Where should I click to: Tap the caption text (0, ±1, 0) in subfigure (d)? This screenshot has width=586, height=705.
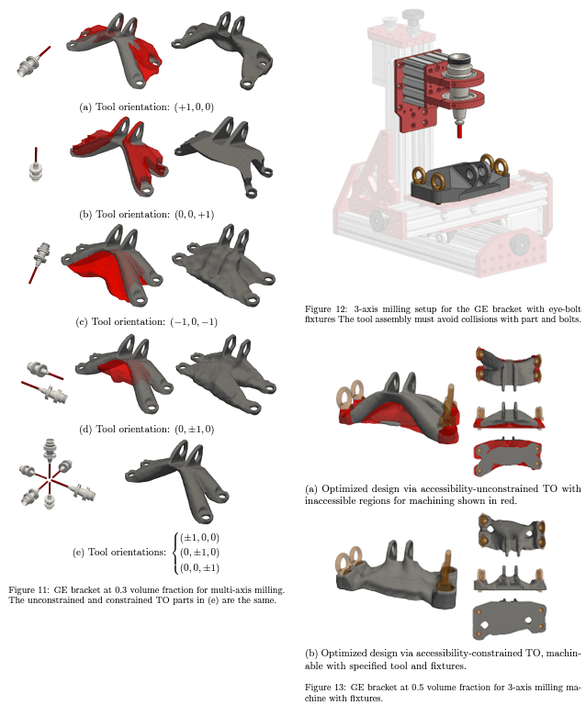(x=194, y=429)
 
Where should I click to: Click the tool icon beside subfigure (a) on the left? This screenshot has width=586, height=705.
(x=31, y=62)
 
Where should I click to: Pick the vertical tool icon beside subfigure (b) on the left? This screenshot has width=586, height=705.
(x=37, y=166)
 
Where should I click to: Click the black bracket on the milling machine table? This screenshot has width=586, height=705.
(x=456, y=181)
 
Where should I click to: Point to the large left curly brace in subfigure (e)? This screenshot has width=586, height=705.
(x=174, y=552)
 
